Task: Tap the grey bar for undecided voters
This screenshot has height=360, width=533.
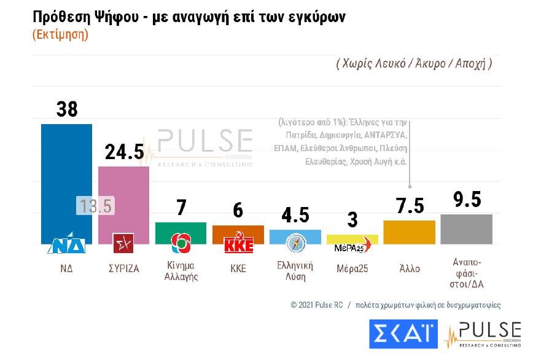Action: (x=466, y=229)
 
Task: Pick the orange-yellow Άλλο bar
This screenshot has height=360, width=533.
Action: (x=409, y=232)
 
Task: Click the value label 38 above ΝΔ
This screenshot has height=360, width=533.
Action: (x=67, y=109)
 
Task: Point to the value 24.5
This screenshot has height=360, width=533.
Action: (x=124, y=152)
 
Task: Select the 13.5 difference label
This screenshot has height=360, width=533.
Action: (x=95, y=206)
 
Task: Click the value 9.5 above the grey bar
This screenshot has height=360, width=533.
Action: (x=466, y=200)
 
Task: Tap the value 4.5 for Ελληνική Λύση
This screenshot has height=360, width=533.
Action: (x=295, y=216)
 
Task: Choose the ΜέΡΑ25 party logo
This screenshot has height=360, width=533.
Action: (x=352, y=248)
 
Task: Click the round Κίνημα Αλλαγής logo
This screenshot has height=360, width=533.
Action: (x=181, y=244)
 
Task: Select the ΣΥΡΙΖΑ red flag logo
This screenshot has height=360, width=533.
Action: (x=123, y=244)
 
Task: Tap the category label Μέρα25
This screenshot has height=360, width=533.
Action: (x=352, y=268)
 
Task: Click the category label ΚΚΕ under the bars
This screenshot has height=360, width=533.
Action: (x=238, y=268)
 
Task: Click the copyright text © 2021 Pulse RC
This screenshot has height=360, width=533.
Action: (x=316, y=305)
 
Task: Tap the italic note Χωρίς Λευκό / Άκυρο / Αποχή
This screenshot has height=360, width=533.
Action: (x=414, y=63)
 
